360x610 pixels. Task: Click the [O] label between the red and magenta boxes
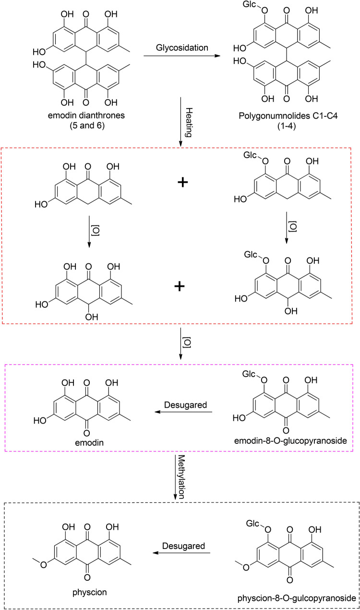(x=188, y=343)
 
